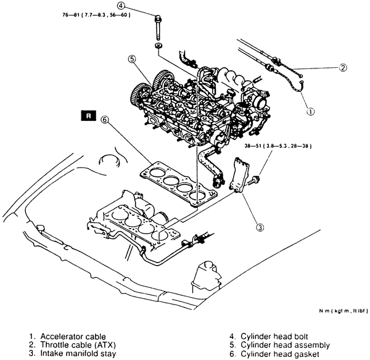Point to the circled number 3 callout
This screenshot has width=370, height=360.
coord(261,227)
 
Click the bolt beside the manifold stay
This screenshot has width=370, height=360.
coord(256,180)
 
